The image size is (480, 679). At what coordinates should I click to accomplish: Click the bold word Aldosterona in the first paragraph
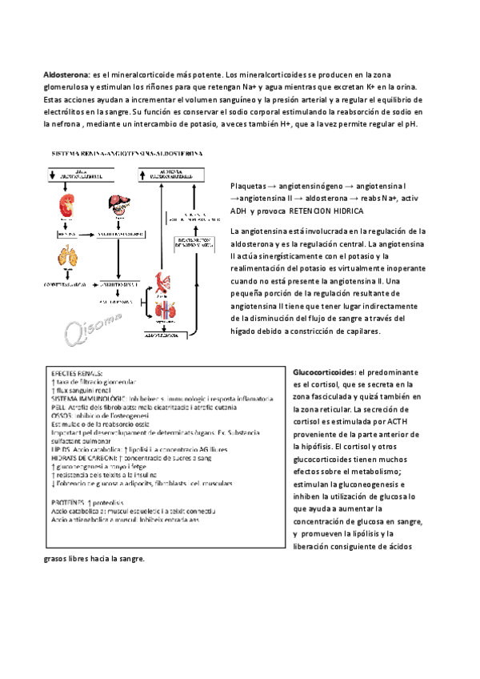coord(66,74)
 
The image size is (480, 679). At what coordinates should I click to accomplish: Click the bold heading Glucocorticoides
coord(324,372)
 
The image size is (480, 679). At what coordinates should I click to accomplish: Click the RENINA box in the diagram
coord(65,235)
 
